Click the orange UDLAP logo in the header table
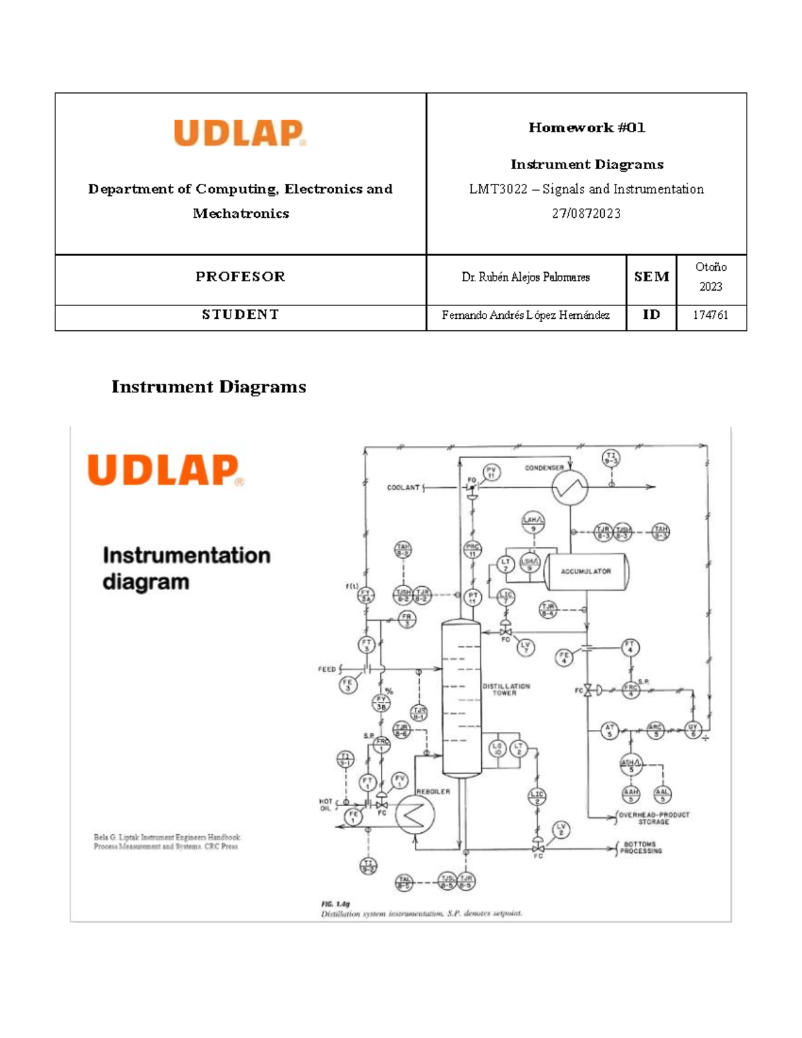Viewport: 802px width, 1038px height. point(240,133)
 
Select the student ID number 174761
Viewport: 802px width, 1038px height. point(710,315)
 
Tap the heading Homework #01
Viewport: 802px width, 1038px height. point(587,127)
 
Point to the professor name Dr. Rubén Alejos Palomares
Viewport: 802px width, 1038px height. point(525,277)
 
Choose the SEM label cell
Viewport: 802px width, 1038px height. point(651,277)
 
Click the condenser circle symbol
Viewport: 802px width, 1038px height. point(570,488)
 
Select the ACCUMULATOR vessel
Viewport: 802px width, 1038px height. point(586,571)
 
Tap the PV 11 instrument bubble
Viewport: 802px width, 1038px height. point(491,473)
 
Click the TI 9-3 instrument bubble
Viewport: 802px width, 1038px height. point(611,458)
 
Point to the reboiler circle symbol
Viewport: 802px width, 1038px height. point(414,815)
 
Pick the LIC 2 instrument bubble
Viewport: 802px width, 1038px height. point(537,796)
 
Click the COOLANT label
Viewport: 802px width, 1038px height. point(403,488)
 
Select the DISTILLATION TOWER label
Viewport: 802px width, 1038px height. point(506,689)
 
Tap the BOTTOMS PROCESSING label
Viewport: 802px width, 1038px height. point(641,848)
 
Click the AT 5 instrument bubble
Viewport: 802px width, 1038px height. point(609,731)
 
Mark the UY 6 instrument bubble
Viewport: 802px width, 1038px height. point(693,730)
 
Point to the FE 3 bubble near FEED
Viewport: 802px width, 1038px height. point(348,684)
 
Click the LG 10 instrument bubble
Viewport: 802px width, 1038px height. point(497,749)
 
